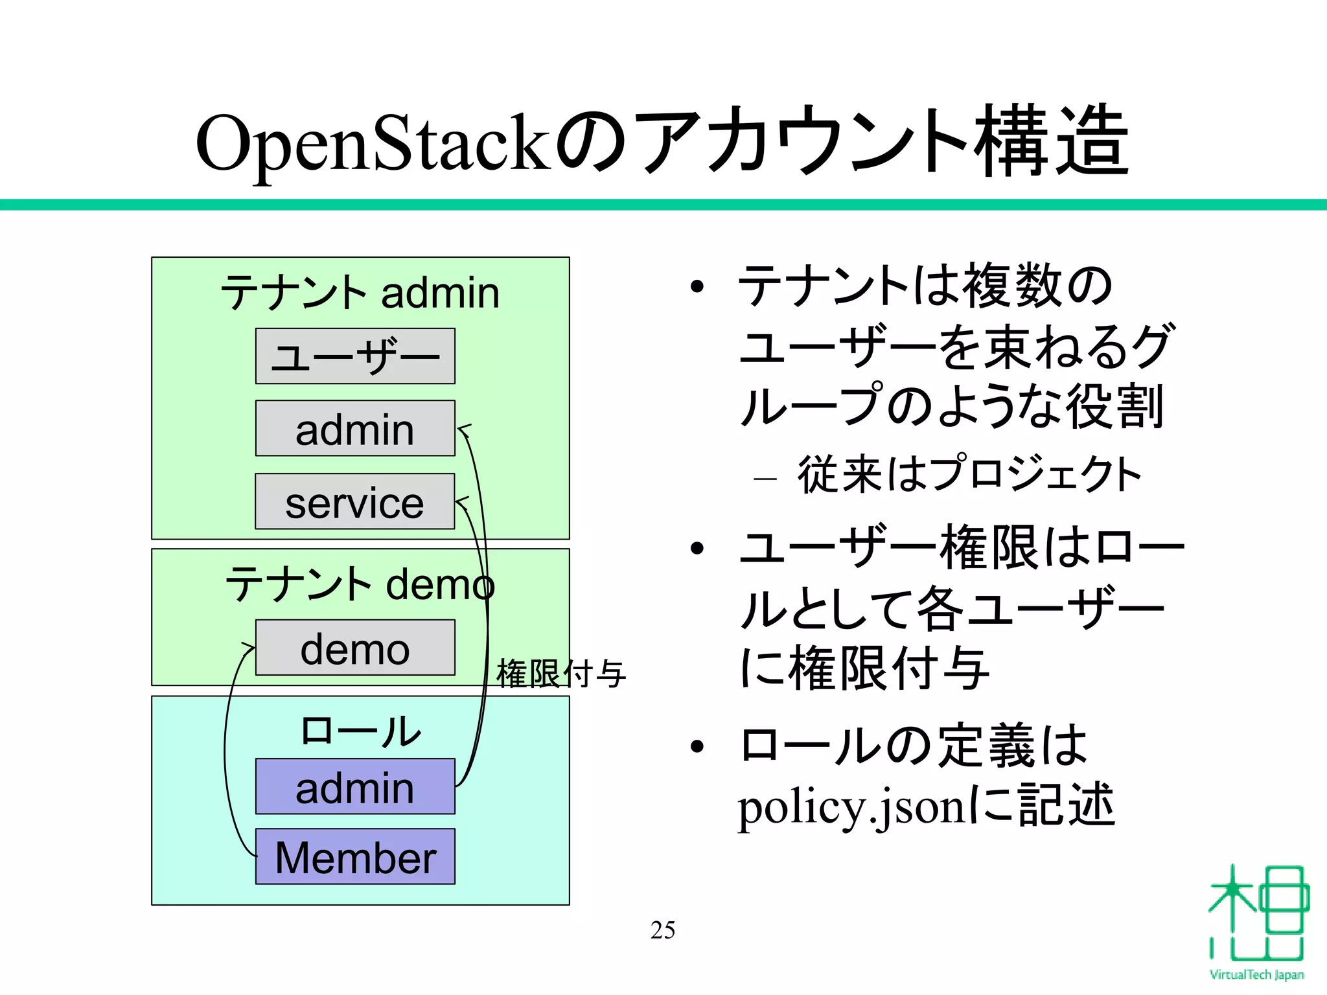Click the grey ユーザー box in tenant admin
(355, 356)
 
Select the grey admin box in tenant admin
(355, 428)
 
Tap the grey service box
(355, 501)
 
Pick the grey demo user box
(355, 648)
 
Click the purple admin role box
(355, 786)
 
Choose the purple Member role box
(355, 856)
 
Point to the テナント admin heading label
(360, 293)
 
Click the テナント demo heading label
(360, 584)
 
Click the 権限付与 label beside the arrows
(560, 674)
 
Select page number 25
(663, 930)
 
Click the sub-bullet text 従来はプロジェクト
(969, 474)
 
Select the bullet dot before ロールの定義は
(697, 747)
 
